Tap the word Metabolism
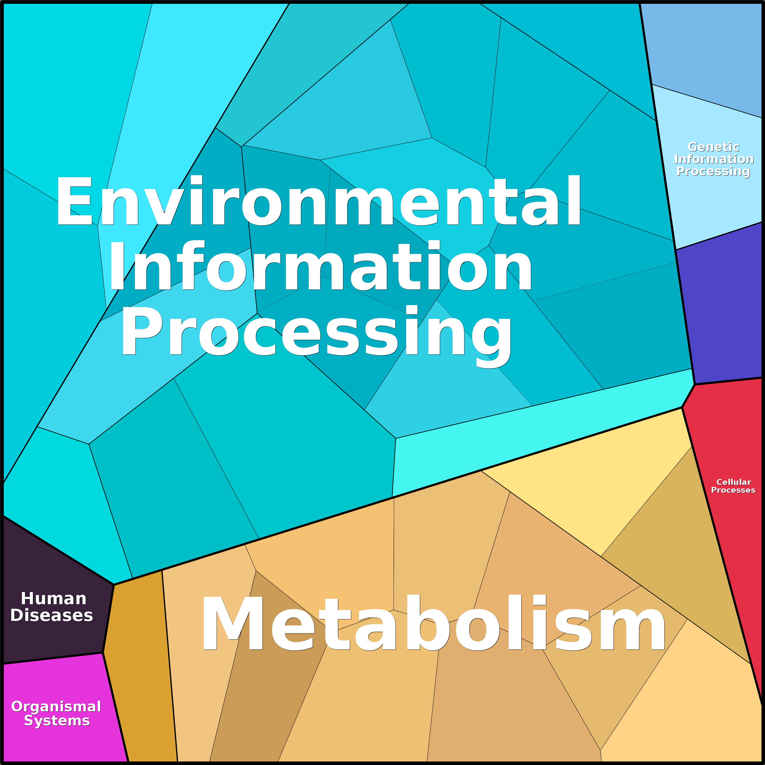pyautogui.click(x=433, y=624)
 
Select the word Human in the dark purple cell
pyautogui.click(x=54, y=599)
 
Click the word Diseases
pyautogui.click(x=51, y=615)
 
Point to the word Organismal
pyautogui.click(x=56, y=707)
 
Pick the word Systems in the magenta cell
pyautogui.click(x=57, y=721)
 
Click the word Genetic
pyautogui.click(x=714, y=147)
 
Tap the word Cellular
pyautogui.click(x=734, y=482)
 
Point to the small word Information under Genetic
pyautogui.click(x=714, y=159)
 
